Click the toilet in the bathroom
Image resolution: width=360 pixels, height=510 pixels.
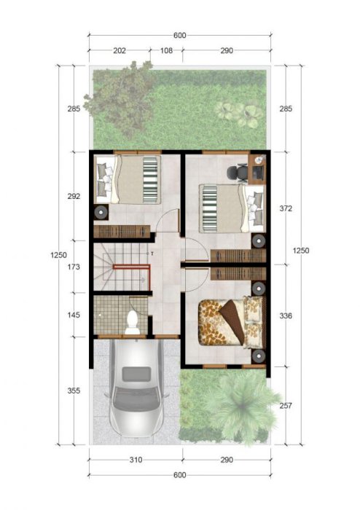133,323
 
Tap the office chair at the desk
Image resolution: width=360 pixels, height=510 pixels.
237,173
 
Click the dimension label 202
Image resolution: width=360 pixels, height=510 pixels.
120,50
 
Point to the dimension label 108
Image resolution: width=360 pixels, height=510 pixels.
166,50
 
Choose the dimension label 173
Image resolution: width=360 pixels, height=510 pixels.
74,267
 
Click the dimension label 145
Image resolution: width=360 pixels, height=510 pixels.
74,315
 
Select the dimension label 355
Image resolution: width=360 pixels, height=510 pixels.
74,391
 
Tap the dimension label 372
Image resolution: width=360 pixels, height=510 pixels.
286,208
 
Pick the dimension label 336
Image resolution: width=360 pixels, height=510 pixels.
286,315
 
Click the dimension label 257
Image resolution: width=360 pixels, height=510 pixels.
286,406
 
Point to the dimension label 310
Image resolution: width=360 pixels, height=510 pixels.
136,460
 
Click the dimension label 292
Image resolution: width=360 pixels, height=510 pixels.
74,197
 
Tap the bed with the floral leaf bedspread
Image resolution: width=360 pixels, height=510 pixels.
232,322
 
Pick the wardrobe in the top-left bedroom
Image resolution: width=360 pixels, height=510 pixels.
122,231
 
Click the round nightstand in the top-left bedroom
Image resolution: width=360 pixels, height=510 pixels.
101,213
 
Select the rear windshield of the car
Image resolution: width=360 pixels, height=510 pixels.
136,374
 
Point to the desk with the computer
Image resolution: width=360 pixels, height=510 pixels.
257,168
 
